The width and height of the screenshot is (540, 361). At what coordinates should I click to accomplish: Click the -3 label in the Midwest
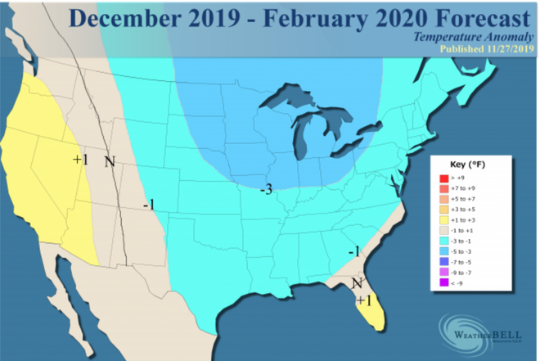pyautogui.click(x=266, y=190)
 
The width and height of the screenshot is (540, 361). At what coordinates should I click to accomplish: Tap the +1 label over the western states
pyautogui.click(x=80, y=159)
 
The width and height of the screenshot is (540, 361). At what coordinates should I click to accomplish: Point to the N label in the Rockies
pyautogui.click(x=109, y=160)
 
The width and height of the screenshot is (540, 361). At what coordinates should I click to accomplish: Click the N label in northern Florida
pyautogui.click(x=356, y=284)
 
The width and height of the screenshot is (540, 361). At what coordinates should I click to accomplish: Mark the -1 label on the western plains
pyautogui.click(x=149, y=204)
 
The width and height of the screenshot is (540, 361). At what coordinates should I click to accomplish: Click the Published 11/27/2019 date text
pyautogui.click(x=486, y=49)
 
